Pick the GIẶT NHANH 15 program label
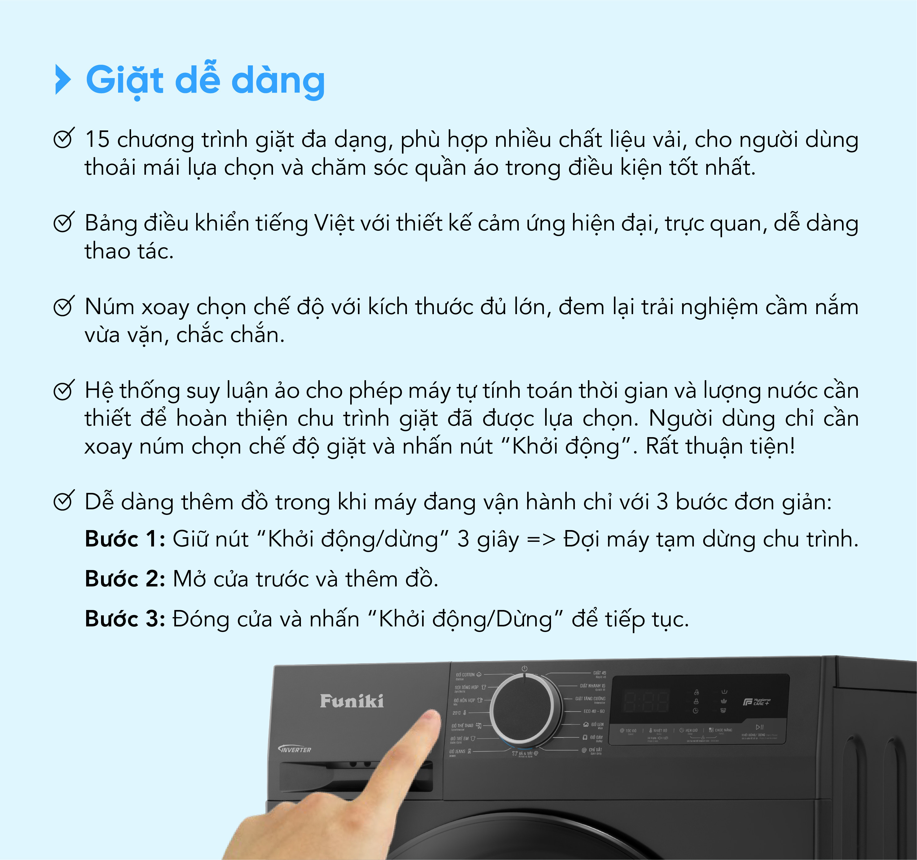592,686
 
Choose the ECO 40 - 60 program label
594,711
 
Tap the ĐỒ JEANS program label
458,751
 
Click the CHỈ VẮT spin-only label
595,750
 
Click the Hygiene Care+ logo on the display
756,701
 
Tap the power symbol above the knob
524,668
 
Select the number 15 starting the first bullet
97,139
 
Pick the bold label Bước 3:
125,619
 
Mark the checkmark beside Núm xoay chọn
63,307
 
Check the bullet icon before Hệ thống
63,391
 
